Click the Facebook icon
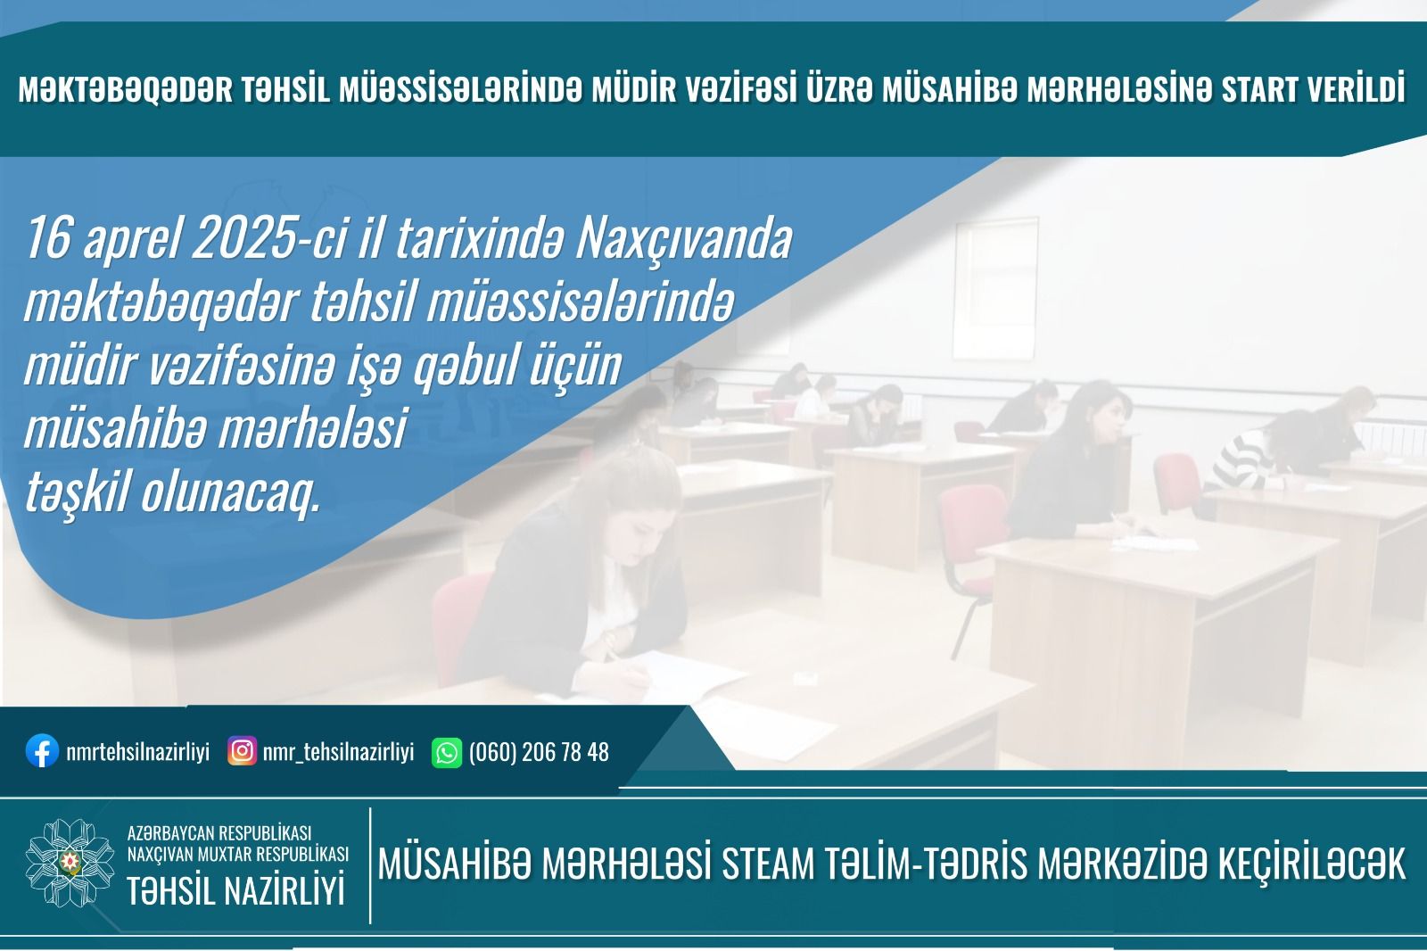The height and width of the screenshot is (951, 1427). tap(41, 751)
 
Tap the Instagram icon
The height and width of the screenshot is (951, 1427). tap(242, 751)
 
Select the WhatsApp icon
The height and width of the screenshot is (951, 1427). tap(446, 752)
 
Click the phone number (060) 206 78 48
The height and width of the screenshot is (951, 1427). tap(539, 752)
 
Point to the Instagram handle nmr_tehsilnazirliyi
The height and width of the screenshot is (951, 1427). tap(338, 752)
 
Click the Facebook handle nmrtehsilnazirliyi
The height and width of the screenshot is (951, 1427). tap(137, 752)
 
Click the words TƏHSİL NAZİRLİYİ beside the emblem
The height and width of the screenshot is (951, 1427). tap(235, 890)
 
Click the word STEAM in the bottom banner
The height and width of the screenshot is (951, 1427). tap(767, 864)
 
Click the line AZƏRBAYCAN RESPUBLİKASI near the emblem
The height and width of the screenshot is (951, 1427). tap(219, 833)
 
